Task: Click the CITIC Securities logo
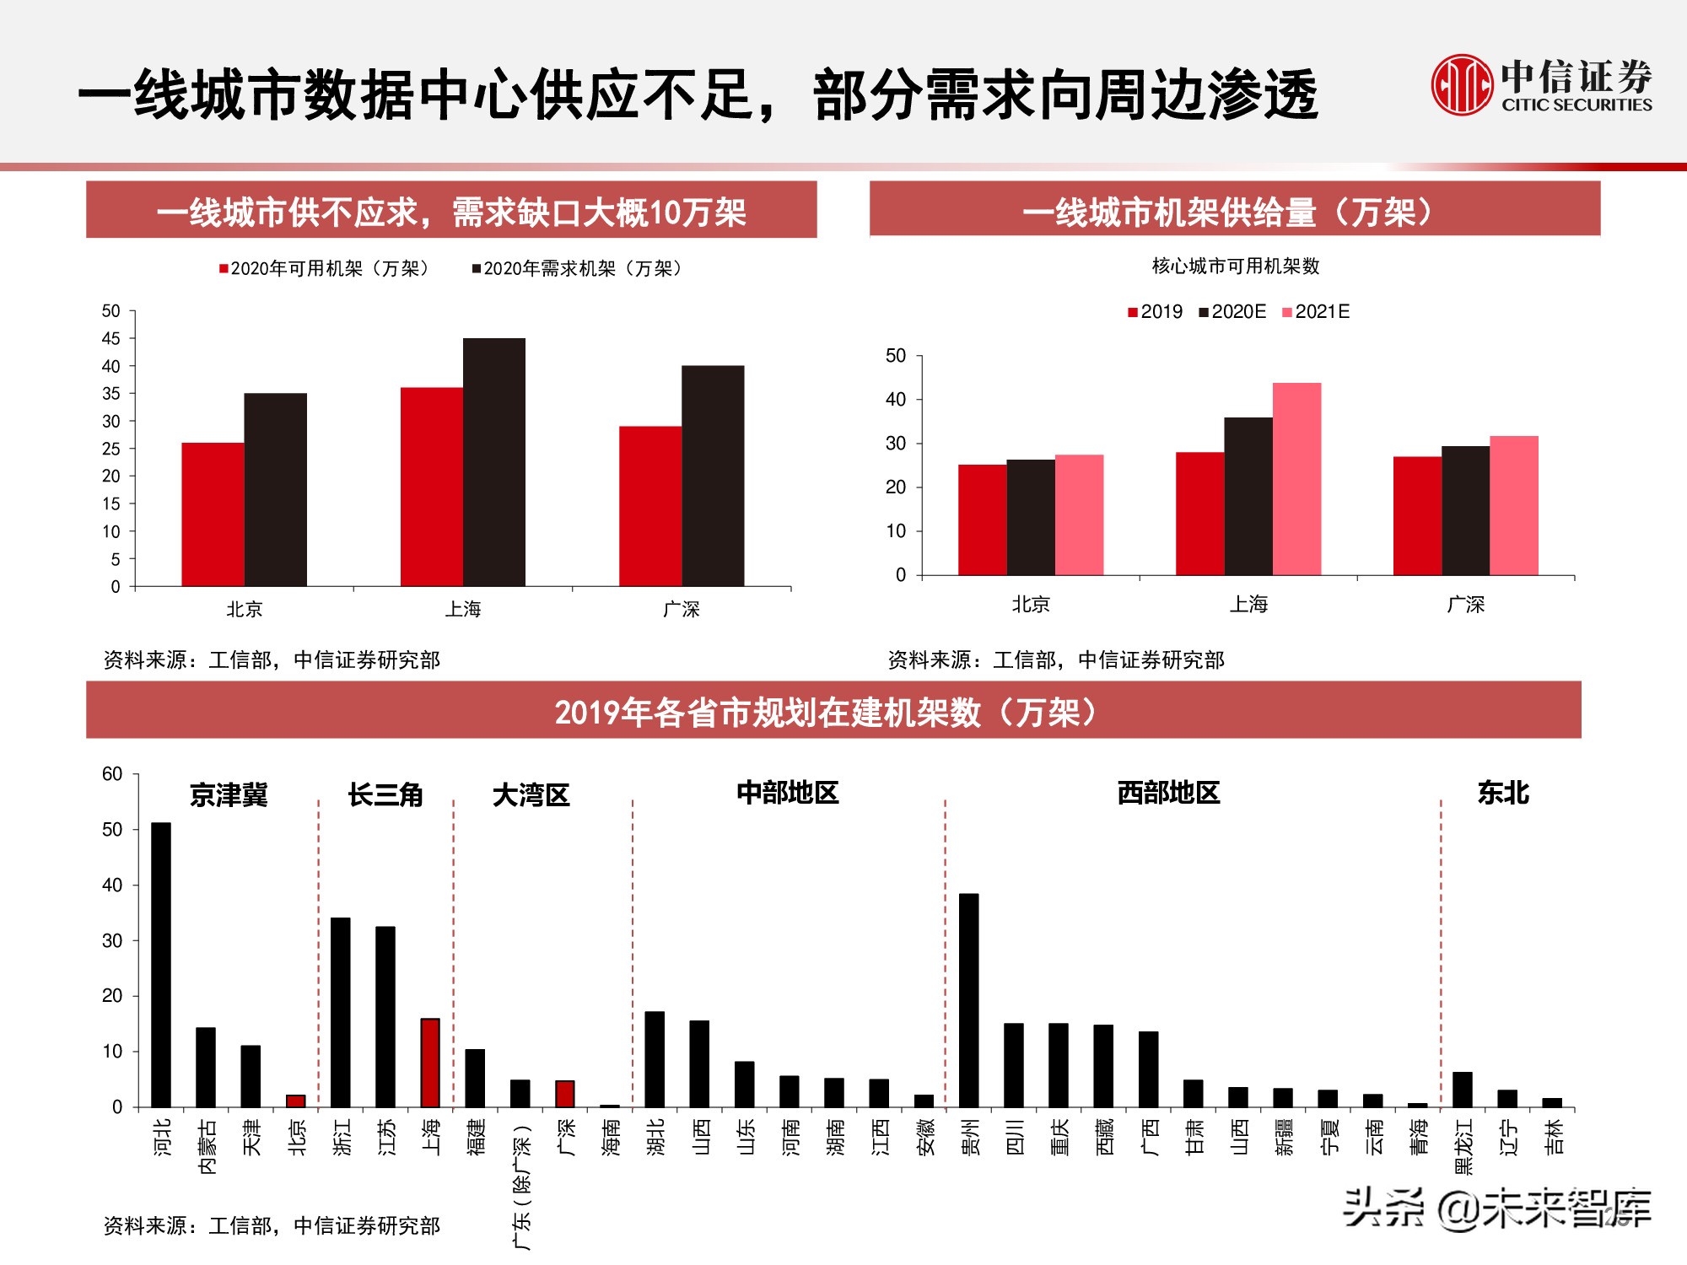(1540, 84)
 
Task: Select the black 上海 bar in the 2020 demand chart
(493, 462)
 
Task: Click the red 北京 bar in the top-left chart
(213, 514)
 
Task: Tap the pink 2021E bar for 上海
(1296, 479)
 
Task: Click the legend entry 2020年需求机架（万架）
(577, 268)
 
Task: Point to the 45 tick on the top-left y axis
(111, 338)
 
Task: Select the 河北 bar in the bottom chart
(160, 964)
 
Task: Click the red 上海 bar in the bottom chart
(430, 1063)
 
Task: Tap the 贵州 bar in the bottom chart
(969, 999)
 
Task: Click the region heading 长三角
(385, 794)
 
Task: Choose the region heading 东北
(1503, 793)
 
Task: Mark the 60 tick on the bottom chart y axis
(112, 774)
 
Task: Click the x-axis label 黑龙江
(1463, 1147)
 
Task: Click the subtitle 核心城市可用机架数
(1236, 266)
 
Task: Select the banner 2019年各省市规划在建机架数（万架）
(833, 713)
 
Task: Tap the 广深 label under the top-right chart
(1465, 605)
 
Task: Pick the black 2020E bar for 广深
(1465, 510)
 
